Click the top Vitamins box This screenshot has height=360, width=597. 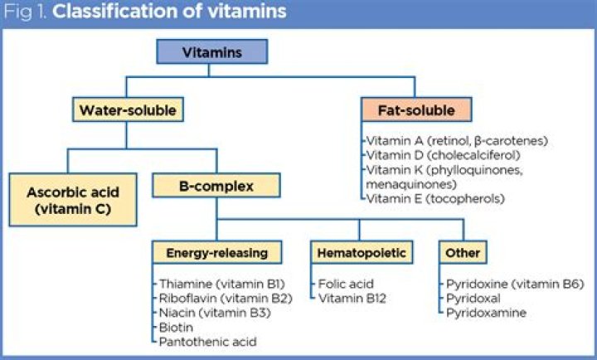[212, 51]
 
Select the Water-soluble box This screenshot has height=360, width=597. [128, 109]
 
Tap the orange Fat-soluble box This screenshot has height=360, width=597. [416, 109]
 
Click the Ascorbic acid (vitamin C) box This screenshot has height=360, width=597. [73, 200]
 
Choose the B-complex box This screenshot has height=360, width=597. [216, 186]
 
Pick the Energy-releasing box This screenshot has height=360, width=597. [217, 252]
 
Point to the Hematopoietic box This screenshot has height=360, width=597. [362, 252]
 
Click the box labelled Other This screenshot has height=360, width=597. [463, 252]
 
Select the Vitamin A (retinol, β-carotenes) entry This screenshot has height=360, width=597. [457, 141]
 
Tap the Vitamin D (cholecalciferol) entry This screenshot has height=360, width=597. [443, 155]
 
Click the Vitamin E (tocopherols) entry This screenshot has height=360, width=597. [435, 199]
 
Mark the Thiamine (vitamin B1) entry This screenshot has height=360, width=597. [222, 284]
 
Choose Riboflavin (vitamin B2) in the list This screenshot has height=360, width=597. [226, 299]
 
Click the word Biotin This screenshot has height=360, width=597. [176, 328]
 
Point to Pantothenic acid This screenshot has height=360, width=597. [208, 342]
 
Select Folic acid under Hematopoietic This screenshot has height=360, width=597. [346, 284]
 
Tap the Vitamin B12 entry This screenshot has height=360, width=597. [352, 299]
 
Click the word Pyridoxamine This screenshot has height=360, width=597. [486, 313]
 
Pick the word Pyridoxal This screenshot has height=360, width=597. [473, 299]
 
